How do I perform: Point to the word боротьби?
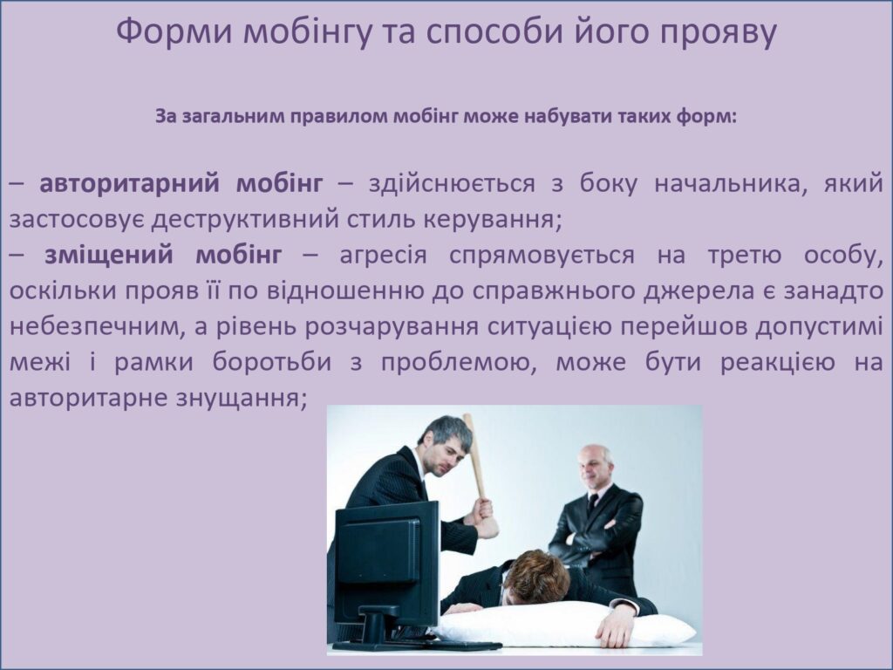click(272, 361)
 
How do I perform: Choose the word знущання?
click(241, 398)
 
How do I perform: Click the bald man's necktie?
click(592, 503)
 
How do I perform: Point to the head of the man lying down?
click(536, 577)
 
